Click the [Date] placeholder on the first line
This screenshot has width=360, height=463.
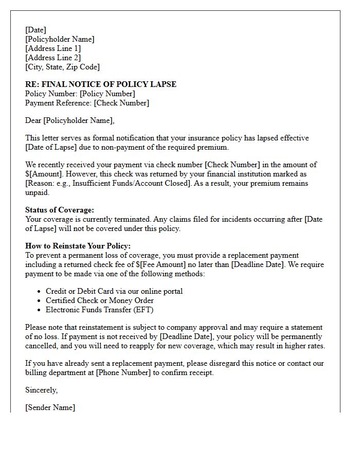coord(35,30)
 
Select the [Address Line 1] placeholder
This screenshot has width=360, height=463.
coord(53,48)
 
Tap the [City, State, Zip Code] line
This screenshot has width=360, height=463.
coord(62,67)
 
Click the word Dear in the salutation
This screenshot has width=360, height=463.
coord(33,120)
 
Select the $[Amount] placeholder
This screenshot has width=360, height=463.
coord(43,174)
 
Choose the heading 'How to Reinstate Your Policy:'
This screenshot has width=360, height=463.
coord(78,246)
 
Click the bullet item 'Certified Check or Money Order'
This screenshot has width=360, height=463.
coord(100,300)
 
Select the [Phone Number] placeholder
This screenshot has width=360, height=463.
coord(123,372)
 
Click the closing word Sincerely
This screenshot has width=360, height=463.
coord(41,390)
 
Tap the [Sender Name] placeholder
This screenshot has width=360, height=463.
coord(50,407)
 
